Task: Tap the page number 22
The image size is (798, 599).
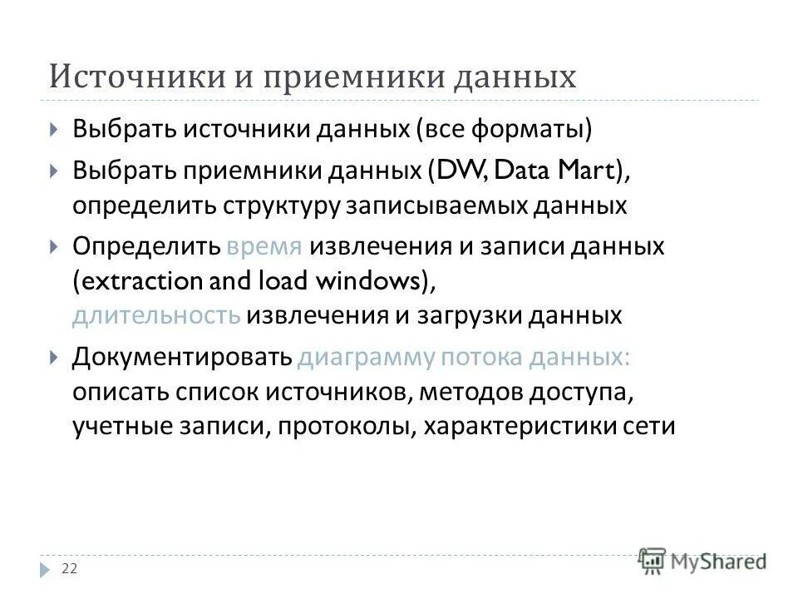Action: click(x=70, y=568)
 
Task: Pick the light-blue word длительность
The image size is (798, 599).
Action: click(x=156, y=315)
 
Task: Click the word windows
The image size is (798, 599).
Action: click(x=372, y=281)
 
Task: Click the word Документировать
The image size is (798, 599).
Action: click(x=181, y=357)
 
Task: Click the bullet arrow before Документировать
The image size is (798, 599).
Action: click(x=54, y=358)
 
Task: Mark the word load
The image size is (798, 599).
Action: click(x=278, y=281)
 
